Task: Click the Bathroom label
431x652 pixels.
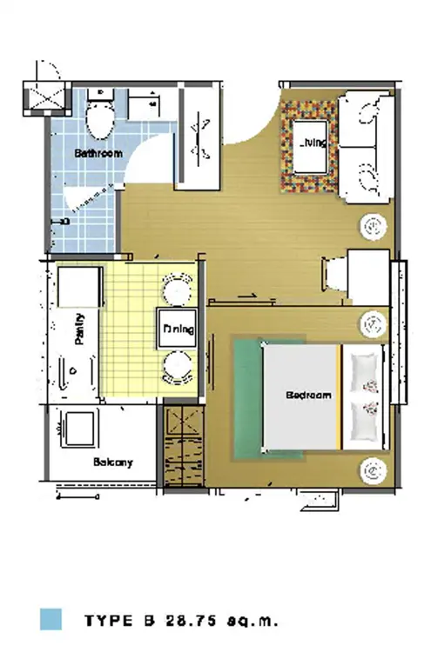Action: [x=98, y=153]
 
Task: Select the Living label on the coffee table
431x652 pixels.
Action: [x=313, y=143]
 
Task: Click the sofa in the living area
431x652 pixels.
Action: [x=366, y=147]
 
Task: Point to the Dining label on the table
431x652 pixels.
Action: [x=178, y=329]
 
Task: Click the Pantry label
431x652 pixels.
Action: [x=79, y=329]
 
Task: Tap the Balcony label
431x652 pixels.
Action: [x=113, y=462]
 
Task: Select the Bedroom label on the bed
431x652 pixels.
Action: [x=308, y=395]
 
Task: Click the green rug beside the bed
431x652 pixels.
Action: [x=247, y=399]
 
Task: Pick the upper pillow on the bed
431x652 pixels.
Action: [x=365, y=373]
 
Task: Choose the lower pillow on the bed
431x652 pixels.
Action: [x=365, y=421]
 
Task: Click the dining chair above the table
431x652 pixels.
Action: [x=178, y=289]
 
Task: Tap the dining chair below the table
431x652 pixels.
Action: [x=178, y=368]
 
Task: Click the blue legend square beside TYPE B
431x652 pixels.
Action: [x=51, y=620]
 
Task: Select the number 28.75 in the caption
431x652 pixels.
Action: [x=192, y=621]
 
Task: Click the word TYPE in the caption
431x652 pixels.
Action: [x=109, y=621]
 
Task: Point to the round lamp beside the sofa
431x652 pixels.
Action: [x=374, y=227]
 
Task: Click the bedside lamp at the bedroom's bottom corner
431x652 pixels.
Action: [x=374, y=471]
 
